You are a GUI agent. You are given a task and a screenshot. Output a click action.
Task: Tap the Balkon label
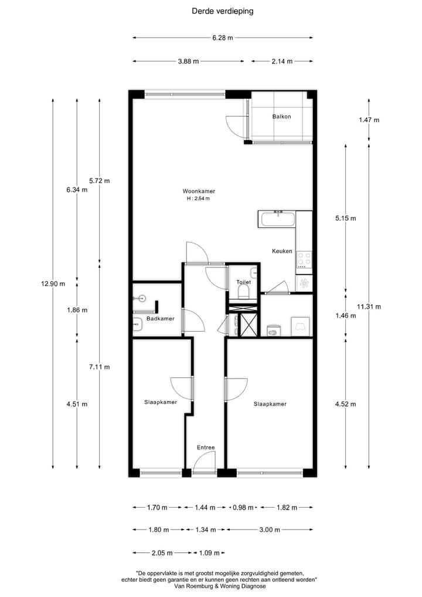(x=281, y=116)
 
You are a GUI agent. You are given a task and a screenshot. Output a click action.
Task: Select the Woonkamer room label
(x=199, y=191)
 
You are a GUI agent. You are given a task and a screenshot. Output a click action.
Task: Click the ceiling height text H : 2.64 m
(x=198, y=199)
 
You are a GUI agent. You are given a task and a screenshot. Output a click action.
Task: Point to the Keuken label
(x=282, y=251)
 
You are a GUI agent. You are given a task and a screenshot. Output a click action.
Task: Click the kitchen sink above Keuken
(x=278, y=220)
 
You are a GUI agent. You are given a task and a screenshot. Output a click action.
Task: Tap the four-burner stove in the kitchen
(x=304, y=259)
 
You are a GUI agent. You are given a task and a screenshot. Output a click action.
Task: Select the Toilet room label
(x=243, y=282)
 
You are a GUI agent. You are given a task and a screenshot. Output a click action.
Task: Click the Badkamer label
(x=160, y=319)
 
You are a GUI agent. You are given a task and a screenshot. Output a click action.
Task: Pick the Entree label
(x=206, y=447)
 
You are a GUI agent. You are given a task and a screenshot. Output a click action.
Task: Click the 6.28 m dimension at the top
(x=222, y=38)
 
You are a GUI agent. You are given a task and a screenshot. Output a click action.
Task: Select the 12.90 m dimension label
(x=53, y=284)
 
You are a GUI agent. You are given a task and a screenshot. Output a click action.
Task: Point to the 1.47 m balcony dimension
(x=369, y=120)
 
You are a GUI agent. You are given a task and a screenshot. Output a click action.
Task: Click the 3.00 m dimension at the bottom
(x=269, y=529)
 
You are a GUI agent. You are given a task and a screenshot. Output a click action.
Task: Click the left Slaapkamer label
(x=161, y=402)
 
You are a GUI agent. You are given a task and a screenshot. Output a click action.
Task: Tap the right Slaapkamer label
(x=270, y=404)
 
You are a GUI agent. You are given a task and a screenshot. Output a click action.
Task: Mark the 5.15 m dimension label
(x=345, y=218)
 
